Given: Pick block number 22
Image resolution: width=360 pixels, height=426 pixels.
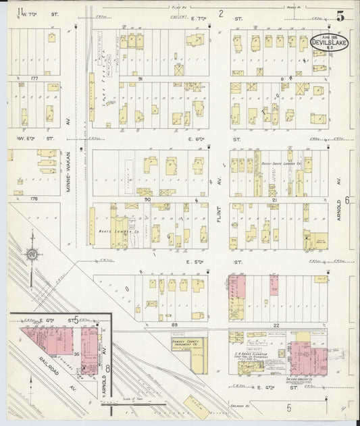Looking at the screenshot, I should pos(276,325).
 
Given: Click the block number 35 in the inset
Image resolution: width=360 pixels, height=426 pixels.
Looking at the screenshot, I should pos(77,354).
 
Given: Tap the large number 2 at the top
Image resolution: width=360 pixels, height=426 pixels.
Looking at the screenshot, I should pos(220,13).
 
